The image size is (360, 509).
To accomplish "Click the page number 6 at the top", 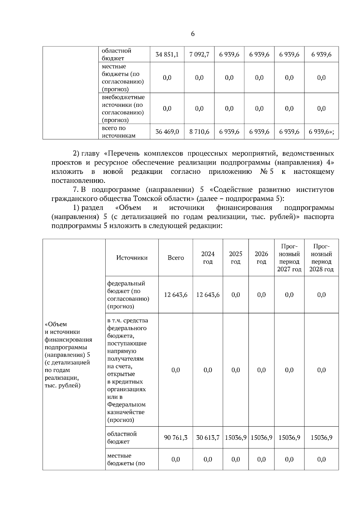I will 193,34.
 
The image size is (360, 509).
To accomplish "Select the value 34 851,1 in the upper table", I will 167,55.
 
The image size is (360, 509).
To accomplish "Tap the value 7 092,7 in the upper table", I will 199,55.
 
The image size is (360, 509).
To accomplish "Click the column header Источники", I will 132,258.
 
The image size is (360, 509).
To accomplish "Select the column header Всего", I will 176,258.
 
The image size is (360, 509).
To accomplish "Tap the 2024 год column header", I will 208,258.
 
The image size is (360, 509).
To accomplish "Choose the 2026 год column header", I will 261,258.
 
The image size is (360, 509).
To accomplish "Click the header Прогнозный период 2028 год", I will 321,258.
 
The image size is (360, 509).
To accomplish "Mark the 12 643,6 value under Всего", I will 176,295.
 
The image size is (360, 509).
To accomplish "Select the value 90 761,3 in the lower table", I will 176,438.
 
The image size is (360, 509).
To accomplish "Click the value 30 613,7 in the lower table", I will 208,438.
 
